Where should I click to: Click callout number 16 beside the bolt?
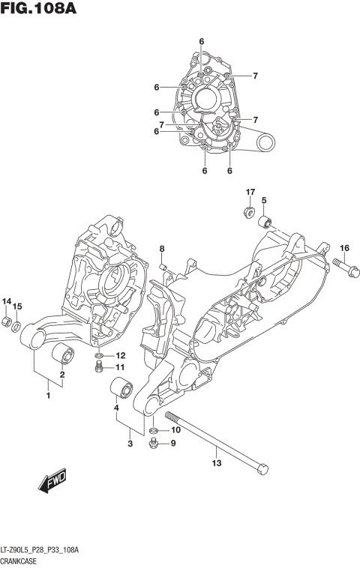[x=344, y=249]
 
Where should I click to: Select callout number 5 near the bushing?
[x=265, y=200]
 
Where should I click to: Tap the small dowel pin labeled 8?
[x=162, y=265]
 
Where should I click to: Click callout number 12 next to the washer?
[x=120, y=355]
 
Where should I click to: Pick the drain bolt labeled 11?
[x=98, y=366]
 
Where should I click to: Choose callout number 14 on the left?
[x=7, y=302]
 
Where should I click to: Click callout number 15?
[x=18, y=306]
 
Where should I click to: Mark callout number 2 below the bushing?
[x=62, y=375]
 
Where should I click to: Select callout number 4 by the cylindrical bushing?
[x=116, y=408]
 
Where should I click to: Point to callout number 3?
[x=130, y=444]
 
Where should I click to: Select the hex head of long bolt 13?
[x=261, y=469]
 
